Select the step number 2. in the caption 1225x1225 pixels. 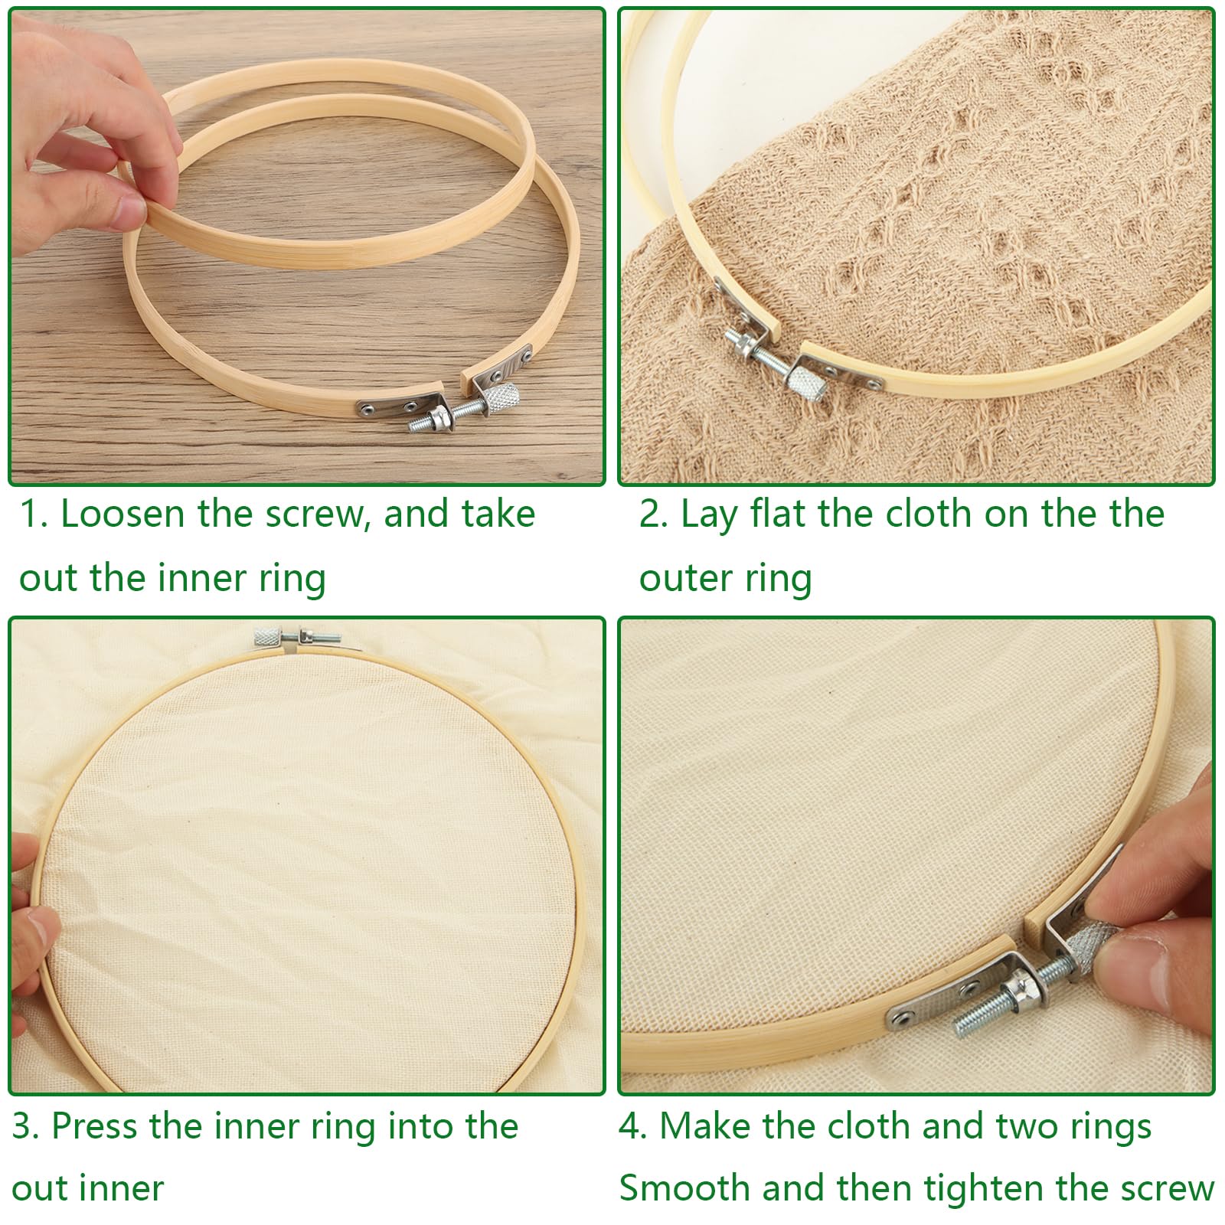(653, 514)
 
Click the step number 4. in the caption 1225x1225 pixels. (633, 1126)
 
